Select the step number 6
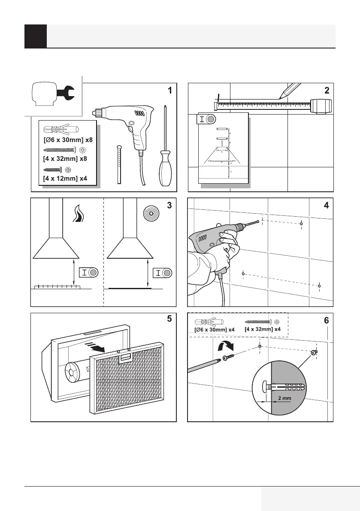327,321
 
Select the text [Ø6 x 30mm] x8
68,139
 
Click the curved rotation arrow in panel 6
225,345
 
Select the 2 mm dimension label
284,399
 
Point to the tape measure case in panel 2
321,106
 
